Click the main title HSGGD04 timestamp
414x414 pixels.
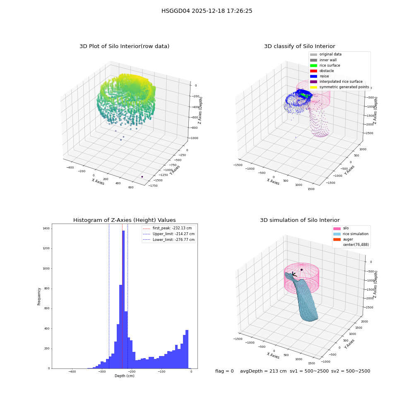[207, 11]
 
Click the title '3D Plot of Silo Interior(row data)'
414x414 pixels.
[124, 46]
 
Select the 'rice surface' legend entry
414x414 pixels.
[325, 65]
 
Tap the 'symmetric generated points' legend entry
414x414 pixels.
[339, 87]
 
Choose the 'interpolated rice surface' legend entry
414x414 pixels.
[336, 82]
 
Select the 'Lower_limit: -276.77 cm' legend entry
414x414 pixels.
[169, 240]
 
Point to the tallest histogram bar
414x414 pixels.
[123, 299]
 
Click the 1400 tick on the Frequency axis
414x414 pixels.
[46, 229]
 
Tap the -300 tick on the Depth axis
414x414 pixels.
[102, 371]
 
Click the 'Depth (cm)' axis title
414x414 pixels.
[125, 376]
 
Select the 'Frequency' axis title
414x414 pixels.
[39, 296]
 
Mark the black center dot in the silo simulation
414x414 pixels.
[301, 270]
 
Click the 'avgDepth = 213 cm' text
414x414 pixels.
[263, 371]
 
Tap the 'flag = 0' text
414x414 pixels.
[224, 371]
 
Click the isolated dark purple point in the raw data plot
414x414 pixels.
[142, 177]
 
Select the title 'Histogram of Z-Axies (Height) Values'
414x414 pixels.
[124, 220]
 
